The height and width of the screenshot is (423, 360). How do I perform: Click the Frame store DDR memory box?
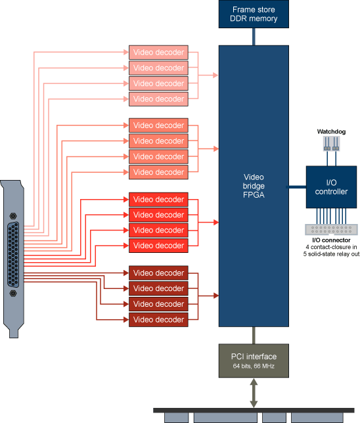[253, 14]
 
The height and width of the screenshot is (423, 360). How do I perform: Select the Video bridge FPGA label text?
[253, 186]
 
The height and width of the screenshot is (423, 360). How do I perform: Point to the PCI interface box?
[253, 360]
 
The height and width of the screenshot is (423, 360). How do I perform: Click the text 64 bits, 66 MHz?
[253, 366]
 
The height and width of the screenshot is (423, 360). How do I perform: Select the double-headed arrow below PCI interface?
[253, 393]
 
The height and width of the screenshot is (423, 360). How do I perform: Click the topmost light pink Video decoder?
[158, 53]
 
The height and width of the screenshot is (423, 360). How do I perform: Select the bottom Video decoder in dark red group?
[158, 320]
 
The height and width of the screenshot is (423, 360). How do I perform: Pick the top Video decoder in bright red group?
[158, 199]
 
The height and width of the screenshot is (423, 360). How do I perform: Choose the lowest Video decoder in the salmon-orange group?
[158, 172]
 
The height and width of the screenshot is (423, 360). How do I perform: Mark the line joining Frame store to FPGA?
[253, 37]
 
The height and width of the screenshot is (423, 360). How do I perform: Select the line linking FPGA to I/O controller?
[297, 186]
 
